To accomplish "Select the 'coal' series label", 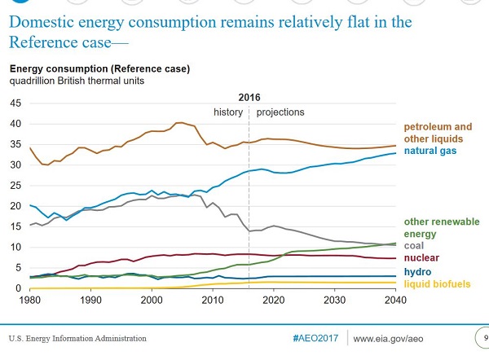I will pyautogui.click(x=416, y=245).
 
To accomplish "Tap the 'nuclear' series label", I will pyautogui.click(x=422, y=258).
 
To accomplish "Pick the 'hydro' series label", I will pyautogui.click(x=417, y=271).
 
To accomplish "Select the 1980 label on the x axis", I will pyautogui.click(x=30, y=300).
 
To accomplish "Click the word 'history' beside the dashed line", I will pyautogui.click(x=227, y=112).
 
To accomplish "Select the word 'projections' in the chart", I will pyautogui.click(x=280, y=112).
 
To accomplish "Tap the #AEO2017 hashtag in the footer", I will pyautogui.click(x=313, y=337).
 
